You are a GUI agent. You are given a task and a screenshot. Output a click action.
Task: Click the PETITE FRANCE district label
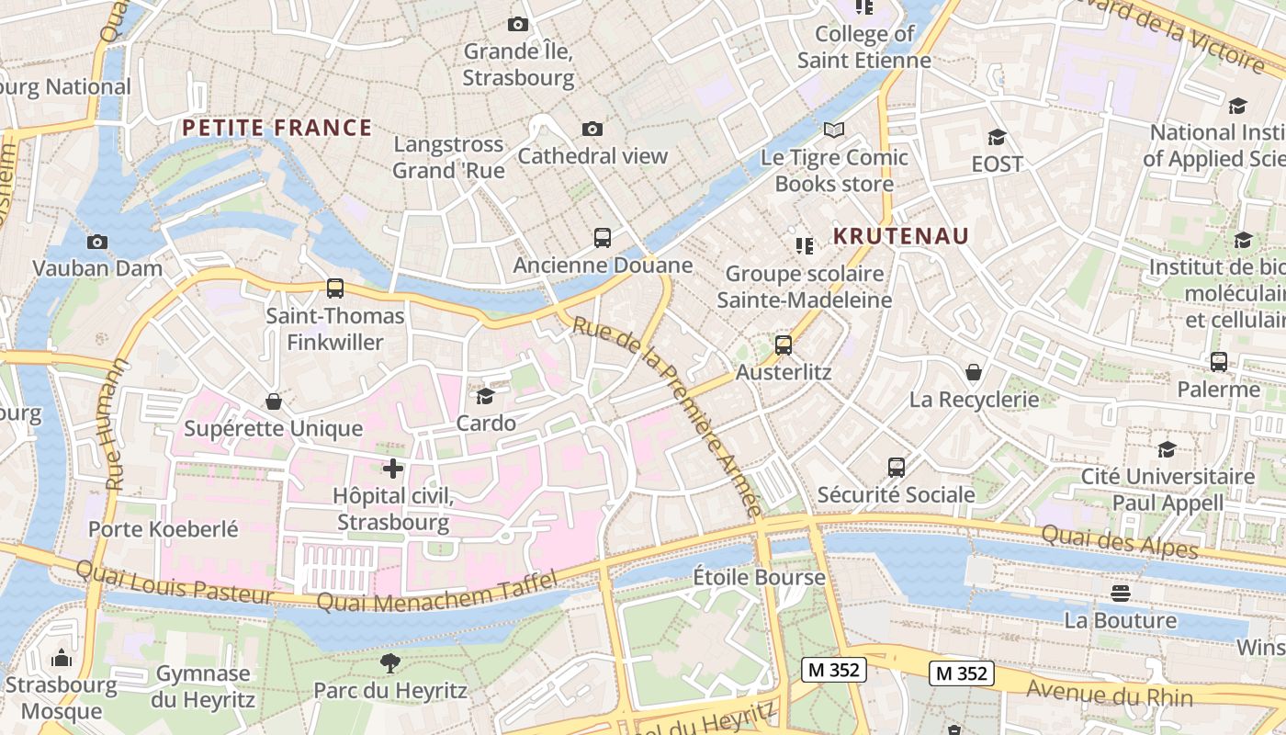tap(276, 128)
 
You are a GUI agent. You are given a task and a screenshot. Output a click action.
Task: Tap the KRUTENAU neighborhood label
tap(900, 236)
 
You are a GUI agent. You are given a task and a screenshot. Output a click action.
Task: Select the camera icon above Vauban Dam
tap(96, 243)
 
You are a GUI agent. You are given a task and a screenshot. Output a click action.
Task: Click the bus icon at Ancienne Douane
tap(603, 238)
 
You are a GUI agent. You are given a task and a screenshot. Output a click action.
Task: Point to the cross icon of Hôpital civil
tap(393, 469)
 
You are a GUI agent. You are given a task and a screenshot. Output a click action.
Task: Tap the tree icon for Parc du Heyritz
tap(390, 662)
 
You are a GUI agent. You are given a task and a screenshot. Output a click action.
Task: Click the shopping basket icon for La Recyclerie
tap(974, 372)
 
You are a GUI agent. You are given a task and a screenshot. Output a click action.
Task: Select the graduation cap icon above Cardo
tap(485, 396)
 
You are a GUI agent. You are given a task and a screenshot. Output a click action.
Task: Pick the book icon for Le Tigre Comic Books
tap(833, 130)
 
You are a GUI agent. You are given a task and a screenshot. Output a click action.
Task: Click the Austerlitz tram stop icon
tap(784, 345)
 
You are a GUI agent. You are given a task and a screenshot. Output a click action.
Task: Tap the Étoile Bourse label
tap(759, 578)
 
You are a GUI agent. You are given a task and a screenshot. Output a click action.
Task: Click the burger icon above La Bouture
tap(1120, 593)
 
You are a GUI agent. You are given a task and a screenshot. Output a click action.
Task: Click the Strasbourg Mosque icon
tap(62, 658)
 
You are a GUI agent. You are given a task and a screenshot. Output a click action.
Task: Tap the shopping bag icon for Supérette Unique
tap(273, 401)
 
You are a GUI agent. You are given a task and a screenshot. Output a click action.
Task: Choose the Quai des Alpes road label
tap(1120, 541)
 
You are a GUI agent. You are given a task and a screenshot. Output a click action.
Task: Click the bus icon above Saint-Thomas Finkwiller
tap(335, 288)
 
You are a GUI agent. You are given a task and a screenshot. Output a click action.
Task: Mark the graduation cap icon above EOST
tap(997, 138)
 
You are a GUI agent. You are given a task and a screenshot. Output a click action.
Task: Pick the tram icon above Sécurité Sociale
tap(897, 468)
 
